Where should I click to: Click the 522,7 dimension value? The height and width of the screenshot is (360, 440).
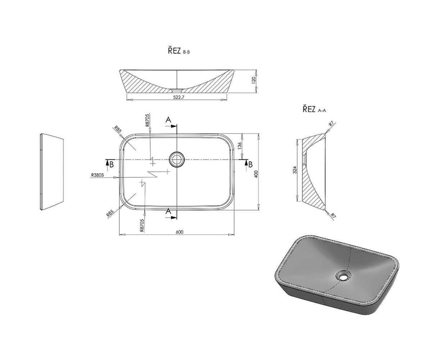[179, 97]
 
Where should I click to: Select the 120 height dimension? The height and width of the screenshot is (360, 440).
[254, 80]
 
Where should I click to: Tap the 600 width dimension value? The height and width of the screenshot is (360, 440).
[180, 232]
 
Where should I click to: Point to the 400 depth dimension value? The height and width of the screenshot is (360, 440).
[257, 174]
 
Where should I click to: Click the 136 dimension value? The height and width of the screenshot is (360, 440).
[239, 145]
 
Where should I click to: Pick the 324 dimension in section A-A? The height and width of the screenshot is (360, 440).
[295, 170]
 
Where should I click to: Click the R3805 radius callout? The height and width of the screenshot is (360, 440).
[97, 175]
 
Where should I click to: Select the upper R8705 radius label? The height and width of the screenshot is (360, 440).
[147, 121]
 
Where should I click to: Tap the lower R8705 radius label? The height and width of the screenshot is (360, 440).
[142, 225]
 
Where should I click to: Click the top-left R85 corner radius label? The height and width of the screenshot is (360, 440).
[117, 130]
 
